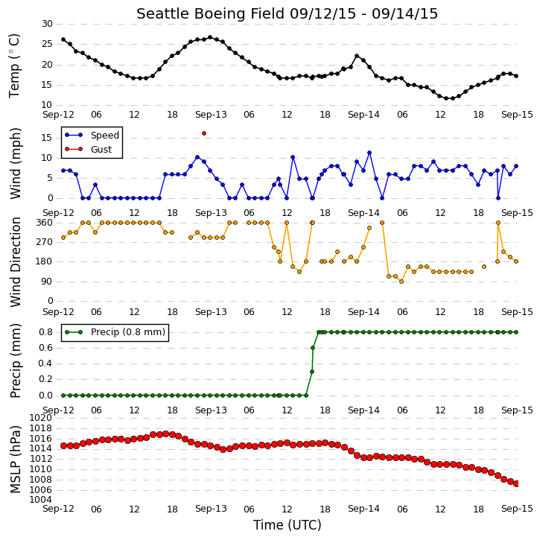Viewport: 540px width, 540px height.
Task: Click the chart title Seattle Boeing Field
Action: click(x=211, y=13)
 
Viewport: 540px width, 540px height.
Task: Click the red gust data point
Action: click(x=204, y=133)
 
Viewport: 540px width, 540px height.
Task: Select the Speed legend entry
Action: click(x=92, y=135)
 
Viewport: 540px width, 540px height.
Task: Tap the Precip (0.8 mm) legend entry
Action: click(x=115, y=332)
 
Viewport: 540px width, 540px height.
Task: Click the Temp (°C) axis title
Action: click(x=14, y=66)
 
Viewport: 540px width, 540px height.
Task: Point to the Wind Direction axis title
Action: click(x=15, y=262)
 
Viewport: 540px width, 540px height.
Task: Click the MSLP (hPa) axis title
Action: click(x=15, y=459)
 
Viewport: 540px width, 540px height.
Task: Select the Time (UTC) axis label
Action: click(x=288, y=525)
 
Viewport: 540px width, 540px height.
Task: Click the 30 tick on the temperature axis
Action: click(x=47, y=24)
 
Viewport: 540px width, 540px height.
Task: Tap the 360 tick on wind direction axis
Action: click(x=45, y=223)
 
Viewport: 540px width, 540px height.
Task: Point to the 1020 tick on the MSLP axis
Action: click(x=41, y=418)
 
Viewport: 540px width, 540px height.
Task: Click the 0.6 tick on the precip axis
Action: click(x=45, y=348)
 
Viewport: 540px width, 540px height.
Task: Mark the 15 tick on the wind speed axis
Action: click(x=47, y=138)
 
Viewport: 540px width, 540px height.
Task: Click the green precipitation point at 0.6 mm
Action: click(x=313, y=348)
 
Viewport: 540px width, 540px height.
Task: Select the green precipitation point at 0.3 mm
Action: click(x=311, y=372)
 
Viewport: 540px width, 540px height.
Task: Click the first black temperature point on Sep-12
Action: click(x=63, y=39)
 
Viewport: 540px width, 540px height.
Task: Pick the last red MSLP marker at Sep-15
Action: click(x=516, y=484)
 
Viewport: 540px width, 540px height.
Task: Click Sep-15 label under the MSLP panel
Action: click(x=517, y=509)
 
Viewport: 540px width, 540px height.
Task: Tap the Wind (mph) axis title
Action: click(x=15, y=163)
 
